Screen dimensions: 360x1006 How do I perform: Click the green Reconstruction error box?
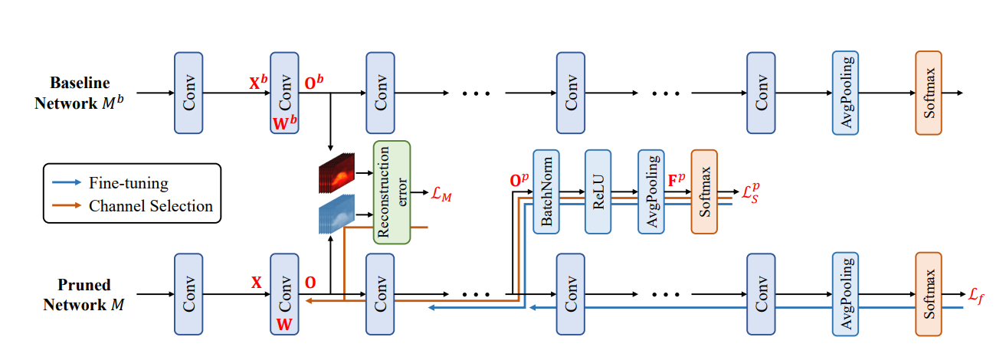click(x=392, y=192)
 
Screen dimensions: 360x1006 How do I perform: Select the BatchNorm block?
click(x=547, y=191)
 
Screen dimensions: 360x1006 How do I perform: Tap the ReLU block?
click(x=598, y=191)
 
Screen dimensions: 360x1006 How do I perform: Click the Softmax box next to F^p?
click(x=704, y=191)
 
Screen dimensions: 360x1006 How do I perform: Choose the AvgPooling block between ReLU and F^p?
click(x=650, y=191)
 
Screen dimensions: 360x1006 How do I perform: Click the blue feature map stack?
click(x=336, y=215)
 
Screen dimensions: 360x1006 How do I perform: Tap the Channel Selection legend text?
click(x=151, y=205)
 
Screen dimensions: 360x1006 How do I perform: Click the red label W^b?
click(x=284, y=125)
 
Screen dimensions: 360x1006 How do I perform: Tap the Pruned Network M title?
click(x=79, y=294)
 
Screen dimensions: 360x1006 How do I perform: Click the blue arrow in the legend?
click(x=67, y=183)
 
